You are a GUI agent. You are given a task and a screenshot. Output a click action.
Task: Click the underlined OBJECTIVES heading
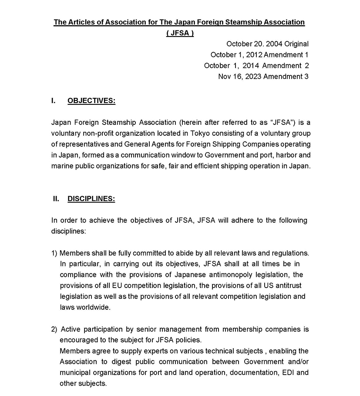pyautogui.click(x=91, y=101)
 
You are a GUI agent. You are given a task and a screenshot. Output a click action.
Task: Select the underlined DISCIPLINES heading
pyautogui.click(x=91, y=199)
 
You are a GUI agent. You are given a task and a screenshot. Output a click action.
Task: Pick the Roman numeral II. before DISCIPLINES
pyautogui.click(x=56, y=199)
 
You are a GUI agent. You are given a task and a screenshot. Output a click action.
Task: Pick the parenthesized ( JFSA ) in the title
pyautogui.click(x=180, y=33)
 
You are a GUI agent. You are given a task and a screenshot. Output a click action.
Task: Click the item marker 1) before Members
pyautogui.click(x=54, y=253)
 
